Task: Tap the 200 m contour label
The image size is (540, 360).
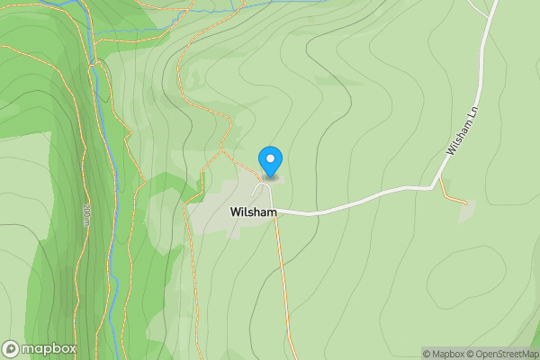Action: click(x=86, y=215)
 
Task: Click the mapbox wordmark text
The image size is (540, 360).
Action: click(x=49, y=348)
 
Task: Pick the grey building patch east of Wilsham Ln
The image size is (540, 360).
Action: click(x=465, y=211)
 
